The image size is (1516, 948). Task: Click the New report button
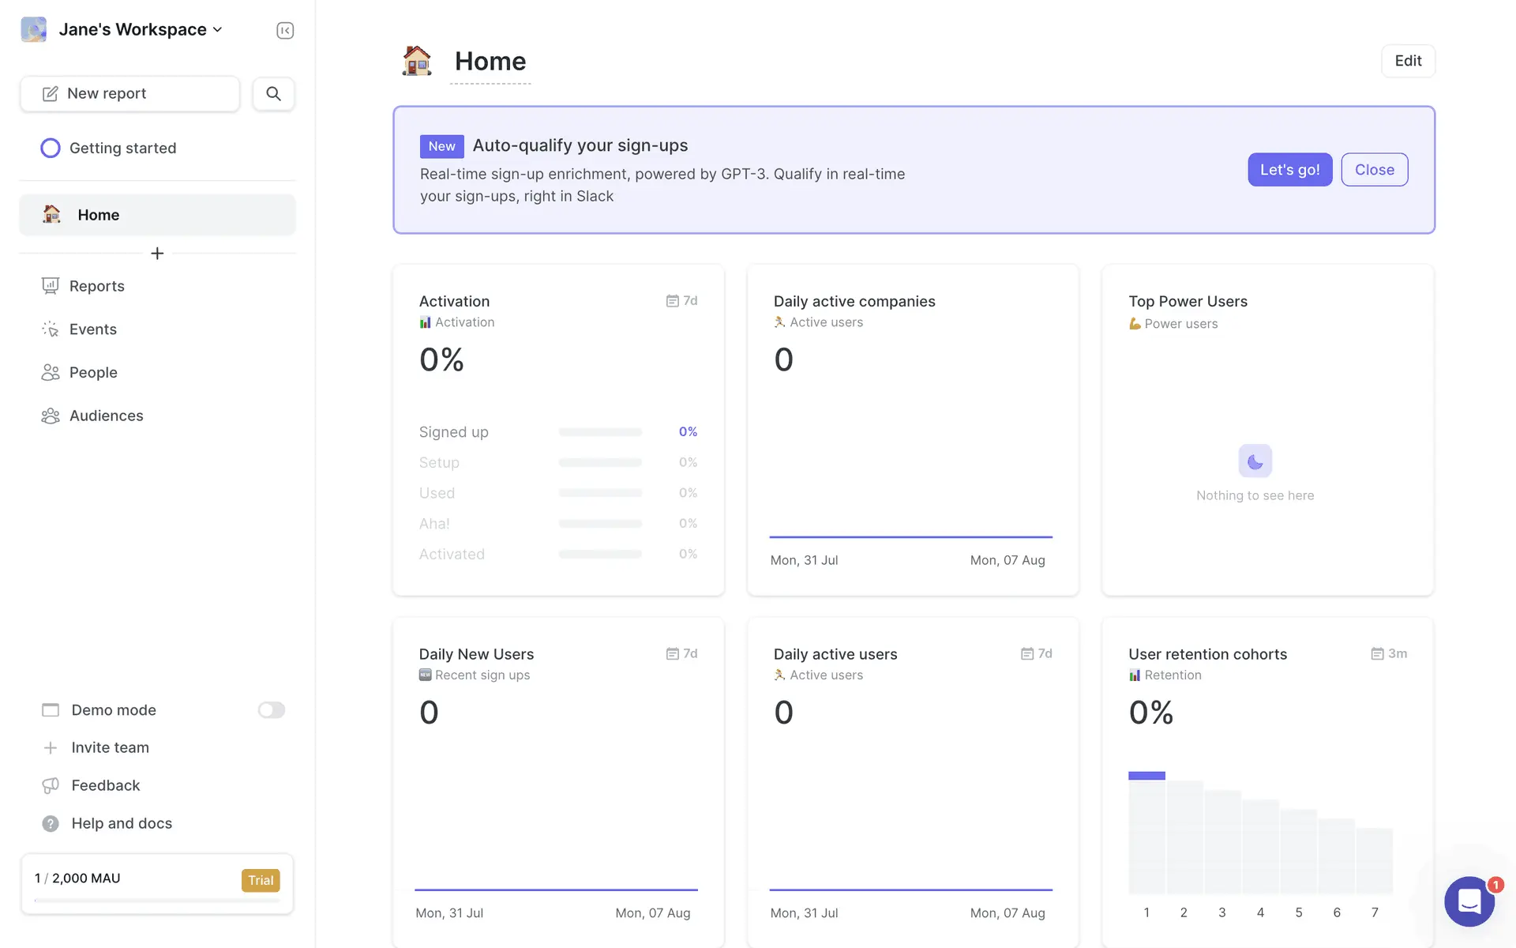pos(129,94)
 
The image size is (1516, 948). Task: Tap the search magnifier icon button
pos(273,94)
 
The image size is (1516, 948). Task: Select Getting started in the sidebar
pos(122,149)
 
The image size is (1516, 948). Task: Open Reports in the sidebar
pos(96,286)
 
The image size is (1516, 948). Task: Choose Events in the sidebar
pos(92,329)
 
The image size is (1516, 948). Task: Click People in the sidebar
pos(92,373)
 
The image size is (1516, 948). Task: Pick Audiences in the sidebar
pos(106,416)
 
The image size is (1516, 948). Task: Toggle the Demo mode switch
pos(271,710)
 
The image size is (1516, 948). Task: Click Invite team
pos(110,747)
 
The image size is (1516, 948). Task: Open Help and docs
pos(121,823)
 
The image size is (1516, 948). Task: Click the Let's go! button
pos(1289,170)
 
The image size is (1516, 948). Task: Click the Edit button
pos(1408,61)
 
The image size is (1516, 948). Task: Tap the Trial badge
pos(261,880)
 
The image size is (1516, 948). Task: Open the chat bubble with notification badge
pos(1469,901)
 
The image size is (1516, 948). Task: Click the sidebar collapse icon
pos(285,31)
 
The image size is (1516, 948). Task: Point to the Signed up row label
pos(453,432)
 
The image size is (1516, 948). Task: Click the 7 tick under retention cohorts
pos(1375,912)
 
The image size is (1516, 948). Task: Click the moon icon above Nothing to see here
pos(1255,461)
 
